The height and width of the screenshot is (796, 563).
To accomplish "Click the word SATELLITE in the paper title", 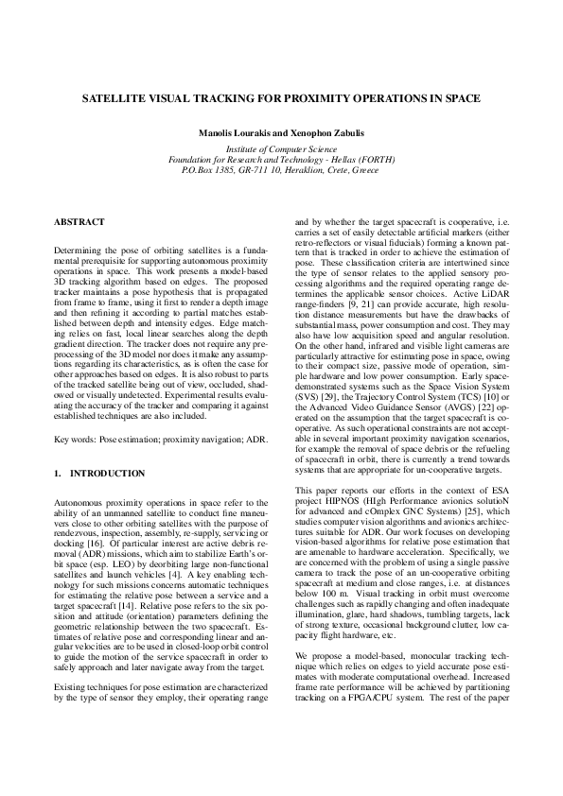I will click(116, 97).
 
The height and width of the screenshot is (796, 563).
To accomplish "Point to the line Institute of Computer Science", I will click(281, 149).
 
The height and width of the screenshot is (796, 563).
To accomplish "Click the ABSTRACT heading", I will click(79, 221).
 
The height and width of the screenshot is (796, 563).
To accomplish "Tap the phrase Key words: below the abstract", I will click(79, 441).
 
